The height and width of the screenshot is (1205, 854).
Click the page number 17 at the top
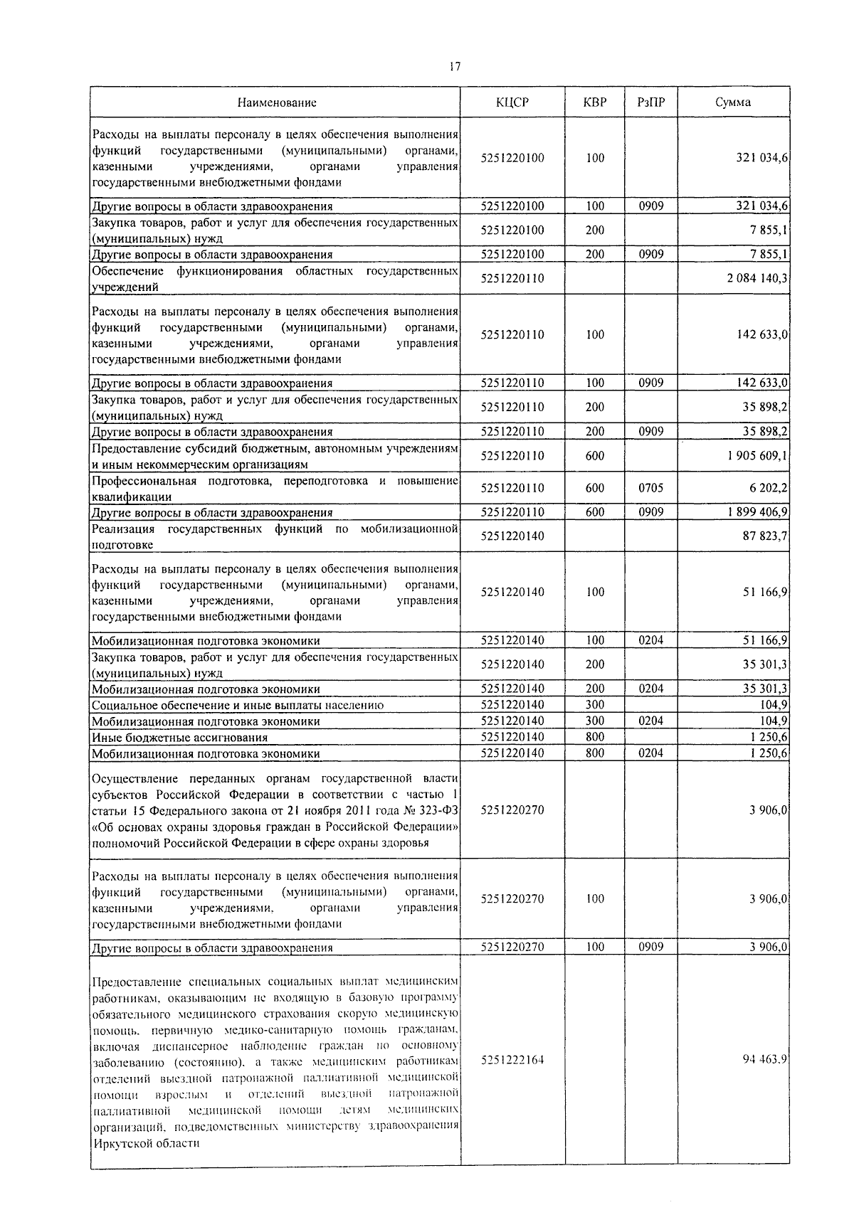pyautogui.click(x=455, y=67)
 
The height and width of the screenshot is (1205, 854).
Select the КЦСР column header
pyautogui.click(x=512, y=102)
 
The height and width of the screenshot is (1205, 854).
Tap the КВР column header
pyautogui.click(x=595, y=102)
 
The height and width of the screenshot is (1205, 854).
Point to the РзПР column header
pyautogui.click(x=651, y=102)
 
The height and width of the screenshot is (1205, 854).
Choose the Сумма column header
pyautogui.click(x=732, y=102)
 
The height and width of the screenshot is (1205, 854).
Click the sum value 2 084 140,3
pyautogui.click(x=757, y=278)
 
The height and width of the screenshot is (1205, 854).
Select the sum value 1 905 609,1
pyautogui.click(x=757, y=456)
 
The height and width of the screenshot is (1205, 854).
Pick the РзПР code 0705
pyautogui.click(x=650, y=488)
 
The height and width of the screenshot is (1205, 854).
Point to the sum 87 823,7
pyautogui.click(x=765, y=536)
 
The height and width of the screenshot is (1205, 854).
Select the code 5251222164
pyautogui.click(x=512, y=1060)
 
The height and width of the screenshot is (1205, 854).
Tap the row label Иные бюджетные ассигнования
pyautogui.click(x=179, y=738)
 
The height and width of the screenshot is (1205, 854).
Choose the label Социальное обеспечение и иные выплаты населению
pyautogui.click(x=238, y=706)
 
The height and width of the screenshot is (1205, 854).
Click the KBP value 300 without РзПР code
pyautogui.click(x=595, y=705)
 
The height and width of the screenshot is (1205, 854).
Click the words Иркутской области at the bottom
pyautogui.click(x=146, y=1144)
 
